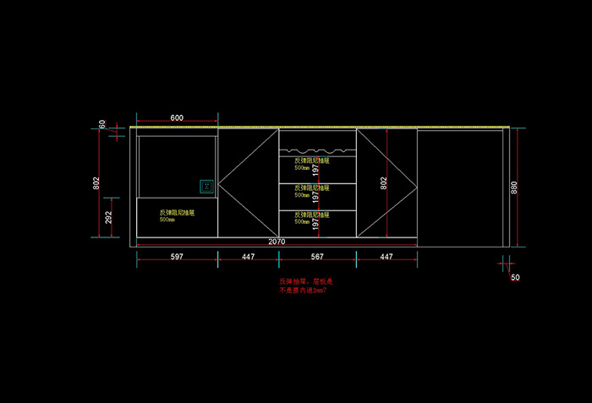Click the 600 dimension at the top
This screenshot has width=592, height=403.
(177, 117)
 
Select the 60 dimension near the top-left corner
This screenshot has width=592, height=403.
(102, 124)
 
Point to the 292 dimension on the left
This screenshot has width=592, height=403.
(107, 217)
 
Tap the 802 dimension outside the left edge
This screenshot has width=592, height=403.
(97, 182)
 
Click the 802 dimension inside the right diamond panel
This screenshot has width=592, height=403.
(384, 182)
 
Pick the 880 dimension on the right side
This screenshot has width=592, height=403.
(513, 188)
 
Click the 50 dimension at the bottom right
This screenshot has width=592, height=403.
(515, 277)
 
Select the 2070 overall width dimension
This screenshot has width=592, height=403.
(277, 242)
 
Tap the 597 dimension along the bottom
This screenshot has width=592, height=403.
(177, 256)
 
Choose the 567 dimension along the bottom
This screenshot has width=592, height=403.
(316, 256)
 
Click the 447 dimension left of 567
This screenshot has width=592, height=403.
(248, 256)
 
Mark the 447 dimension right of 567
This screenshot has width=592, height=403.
(386, 256)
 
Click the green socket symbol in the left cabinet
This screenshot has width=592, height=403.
(205, 184)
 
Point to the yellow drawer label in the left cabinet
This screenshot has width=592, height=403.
(178, 215)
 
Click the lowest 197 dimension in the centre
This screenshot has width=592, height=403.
(315, 224)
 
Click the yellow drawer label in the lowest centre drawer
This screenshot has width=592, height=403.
(311, 217)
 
